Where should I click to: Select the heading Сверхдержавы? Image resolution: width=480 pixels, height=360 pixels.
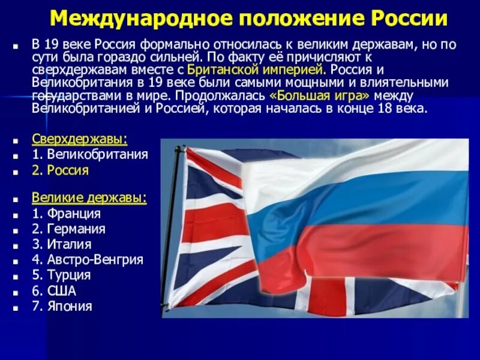coord(80,139)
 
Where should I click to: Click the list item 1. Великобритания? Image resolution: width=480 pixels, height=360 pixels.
coord(90,155)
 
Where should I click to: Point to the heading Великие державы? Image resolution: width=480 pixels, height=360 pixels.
coord(89,198)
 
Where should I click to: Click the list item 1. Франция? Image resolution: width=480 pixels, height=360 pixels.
coord(66,214)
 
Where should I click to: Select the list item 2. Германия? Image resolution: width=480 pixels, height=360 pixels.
coord(68,229)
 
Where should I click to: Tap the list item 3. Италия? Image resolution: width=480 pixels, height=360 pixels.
coord(62,244)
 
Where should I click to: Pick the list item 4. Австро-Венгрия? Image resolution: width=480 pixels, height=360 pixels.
coord(88,260)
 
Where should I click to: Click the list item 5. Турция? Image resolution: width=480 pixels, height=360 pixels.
coord(61,275)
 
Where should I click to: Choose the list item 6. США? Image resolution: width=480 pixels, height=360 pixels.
coord(54,291)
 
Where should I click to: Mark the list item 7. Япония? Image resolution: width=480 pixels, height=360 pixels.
coord(62,307)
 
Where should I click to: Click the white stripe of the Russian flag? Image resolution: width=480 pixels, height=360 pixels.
coord(360,162)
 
